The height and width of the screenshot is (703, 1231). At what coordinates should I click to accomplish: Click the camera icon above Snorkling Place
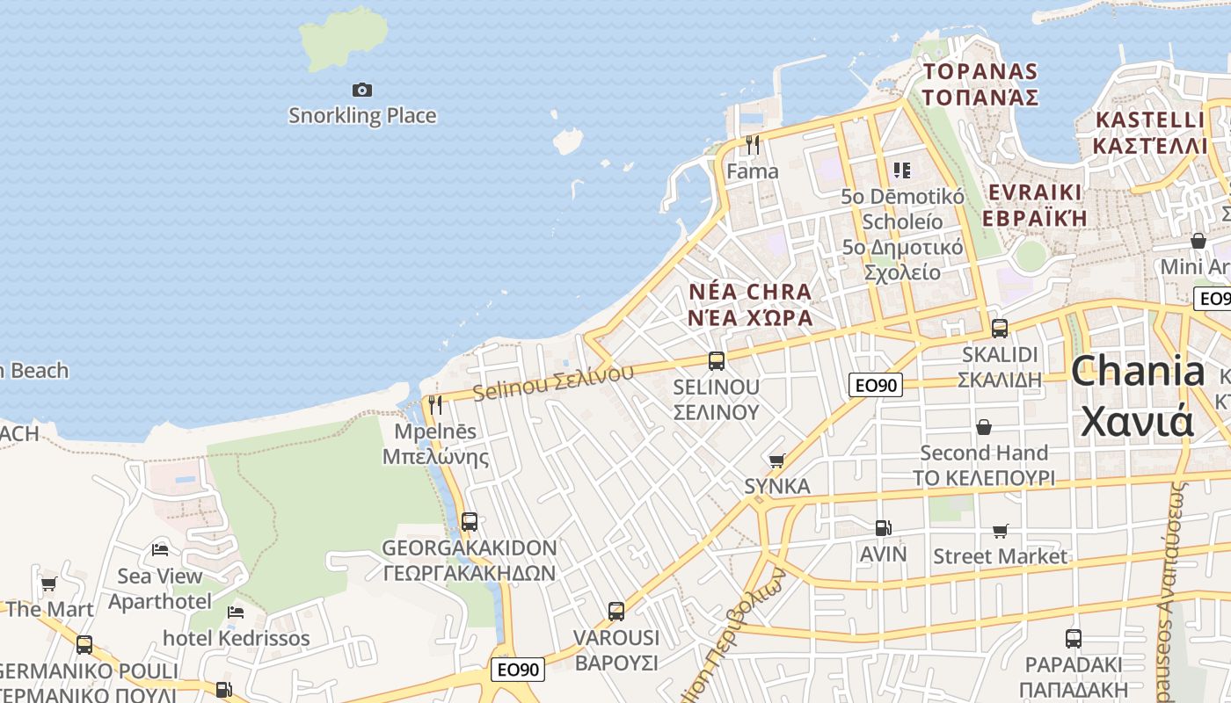click(x=361, y=90)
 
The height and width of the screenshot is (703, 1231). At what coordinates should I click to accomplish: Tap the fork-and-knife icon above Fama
click(x=752, y=144)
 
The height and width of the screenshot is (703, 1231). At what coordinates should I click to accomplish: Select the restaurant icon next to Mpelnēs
click(x=434, y=405)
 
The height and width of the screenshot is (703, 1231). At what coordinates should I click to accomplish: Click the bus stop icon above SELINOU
click(x=716, y=360)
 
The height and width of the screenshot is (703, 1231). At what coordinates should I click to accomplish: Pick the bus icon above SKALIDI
click(x=999, y=329)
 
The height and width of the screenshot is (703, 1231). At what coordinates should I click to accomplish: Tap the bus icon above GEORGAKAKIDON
click(x=469, y=521)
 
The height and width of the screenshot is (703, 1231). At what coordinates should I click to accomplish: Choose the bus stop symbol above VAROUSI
click(x=615, y=611)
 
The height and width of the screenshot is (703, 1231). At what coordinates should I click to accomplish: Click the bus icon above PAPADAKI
click(x=1073, y=639)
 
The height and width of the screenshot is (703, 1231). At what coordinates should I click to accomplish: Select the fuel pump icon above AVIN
click(x=883, y=528)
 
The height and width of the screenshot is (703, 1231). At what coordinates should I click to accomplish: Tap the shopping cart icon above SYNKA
click(x=776, y=460)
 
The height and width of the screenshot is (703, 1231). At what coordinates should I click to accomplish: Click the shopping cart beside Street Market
click(x=1000, y=531)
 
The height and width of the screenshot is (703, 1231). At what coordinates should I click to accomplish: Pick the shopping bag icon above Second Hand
click(x=983, y=427)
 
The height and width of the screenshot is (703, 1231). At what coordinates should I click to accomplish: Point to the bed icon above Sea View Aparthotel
click(x=160, y=550)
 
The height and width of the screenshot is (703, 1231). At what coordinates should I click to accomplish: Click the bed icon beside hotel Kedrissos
click(x=235, y=612)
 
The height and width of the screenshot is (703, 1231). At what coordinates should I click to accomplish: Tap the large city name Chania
click(x=1137, y=371)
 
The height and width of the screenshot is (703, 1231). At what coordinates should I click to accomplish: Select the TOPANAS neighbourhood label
click(x=980, y=71)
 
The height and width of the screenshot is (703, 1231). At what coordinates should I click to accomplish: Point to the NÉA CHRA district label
click(x=750, y=292)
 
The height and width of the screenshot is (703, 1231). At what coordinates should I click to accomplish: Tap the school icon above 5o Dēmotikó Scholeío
click(x=901, y=170)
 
